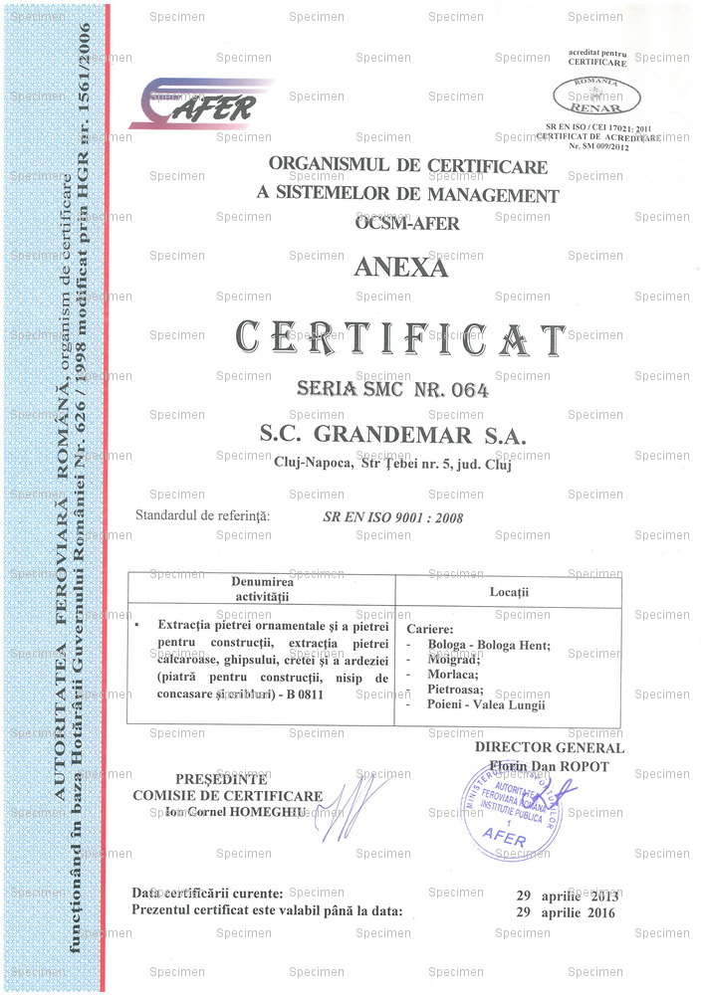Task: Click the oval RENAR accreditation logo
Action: (596, 97)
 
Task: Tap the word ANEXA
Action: (401, 267)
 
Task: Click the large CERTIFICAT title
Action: (400, 339)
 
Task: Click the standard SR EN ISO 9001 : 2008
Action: (392, 516)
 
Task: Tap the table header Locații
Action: (509, 592)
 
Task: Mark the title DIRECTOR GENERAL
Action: (549, 748)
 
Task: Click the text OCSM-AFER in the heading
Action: (407, 223)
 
